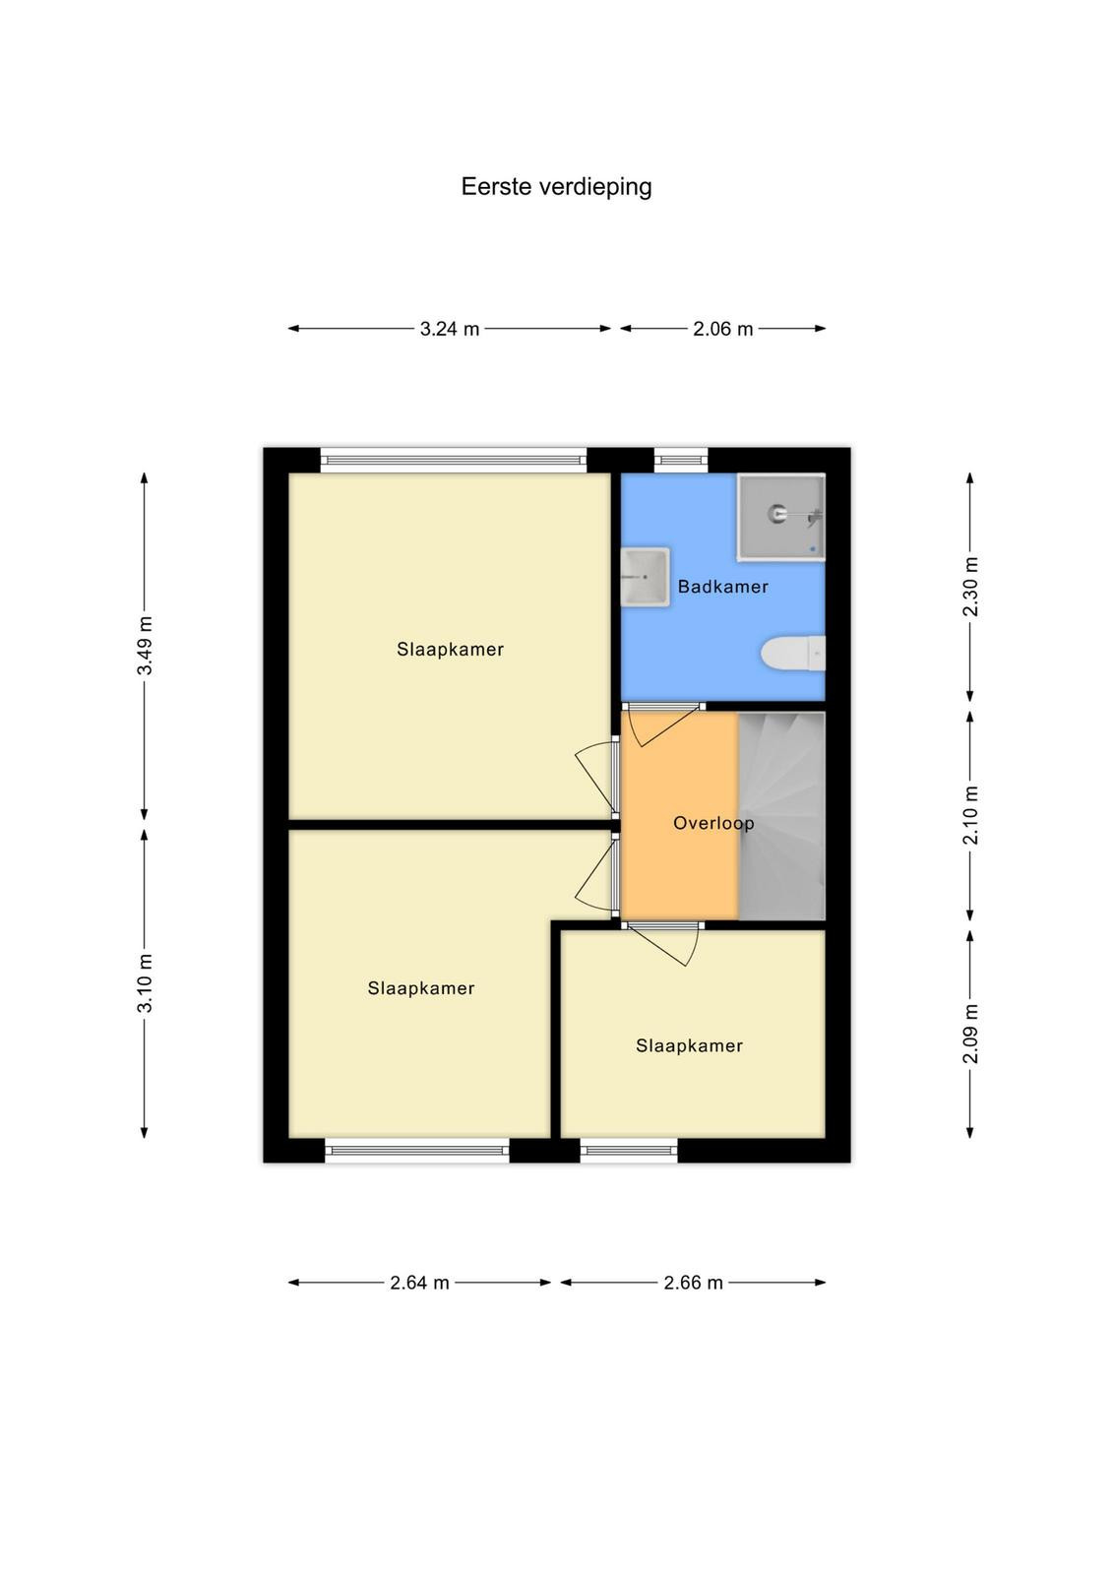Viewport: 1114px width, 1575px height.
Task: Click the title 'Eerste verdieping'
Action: pyautogui.click(x=556, y=187)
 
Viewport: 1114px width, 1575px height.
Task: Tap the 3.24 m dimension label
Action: pyautogui.click(x=449, y=329)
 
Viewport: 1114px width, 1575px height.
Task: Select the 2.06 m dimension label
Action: pyautogui.click(x=722, y=329)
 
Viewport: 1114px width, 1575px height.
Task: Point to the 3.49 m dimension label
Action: pyautogui.click(x=145, y=646)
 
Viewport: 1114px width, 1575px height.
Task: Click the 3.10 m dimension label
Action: pyautogui.click(x=145, y=983)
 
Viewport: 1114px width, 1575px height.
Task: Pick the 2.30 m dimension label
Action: pyautogui.click(x=970, y=587)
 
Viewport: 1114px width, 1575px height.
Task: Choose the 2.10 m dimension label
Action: pyautogui.click(x=970, y=815)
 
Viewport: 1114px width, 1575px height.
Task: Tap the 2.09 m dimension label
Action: pyautogui.click(x=970, y=1034)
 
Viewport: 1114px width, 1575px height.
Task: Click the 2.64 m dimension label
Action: pyautogui.click(x=419, y=1283)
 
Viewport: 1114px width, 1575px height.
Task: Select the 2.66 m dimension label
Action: pyautogui.click(x=693, y=1283)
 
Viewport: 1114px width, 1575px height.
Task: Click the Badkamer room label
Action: pyautogui.click(x=722, y=587)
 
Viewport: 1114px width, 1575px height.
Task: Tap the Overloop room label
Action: pyautogui.click(x=713, y=823)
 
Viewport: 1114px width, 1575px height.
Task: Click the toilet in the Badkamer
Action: pyautogui.click(x=793, y=654)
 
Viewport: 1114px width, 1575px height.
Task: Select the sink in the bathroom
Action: pyautogui.click(x=645, y=577)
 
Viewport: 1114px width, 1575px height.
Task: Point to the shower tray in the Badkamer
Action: pyautogui.click(x=780, y=517)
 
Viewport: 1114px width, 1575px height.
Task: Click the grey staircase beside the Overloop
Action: pyautogui.click(x=781, y=816)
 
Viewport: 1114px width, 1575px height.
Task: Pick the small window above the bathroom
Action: pyautogui.click(x=681, y=461)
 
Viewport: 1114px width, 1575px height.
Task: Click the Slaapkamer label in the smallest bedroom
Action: pyautogui.click(x=689, y=1045)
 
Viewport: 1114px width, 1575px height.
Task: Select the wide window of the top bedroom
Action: pyautogui.click(x=454, y=461)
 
